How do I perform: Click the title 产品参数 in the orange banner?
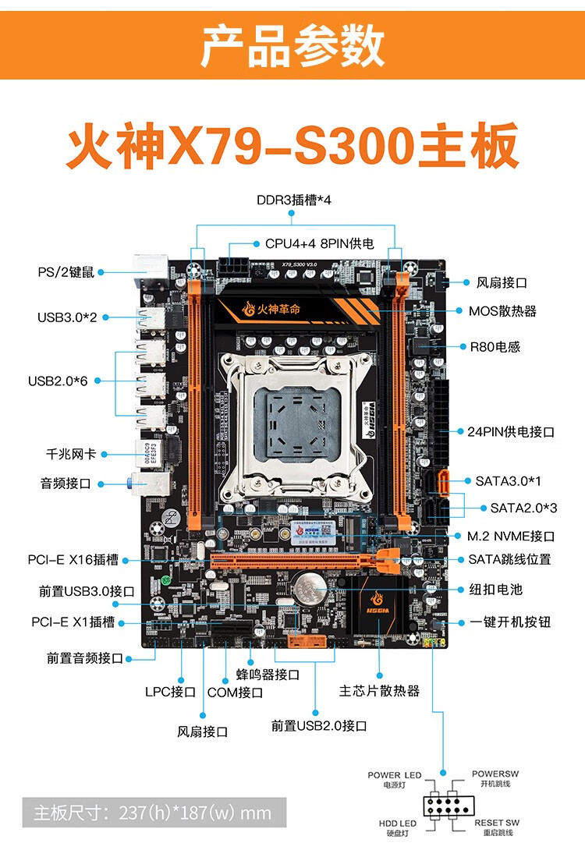tap(292, 45)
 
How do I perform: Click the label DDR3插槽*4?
tap(294, 200)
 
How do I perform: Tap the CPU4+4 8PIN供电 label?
tap(319, 243)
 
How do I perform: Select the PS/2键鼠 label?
tap(66, 272)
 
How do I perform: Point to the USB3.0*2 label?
tap(68, 317)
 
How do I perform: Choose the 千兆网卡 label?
tap(71, 454)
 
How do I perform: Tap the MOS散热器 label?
tap(502, 310)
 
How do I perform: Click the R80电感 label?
tap(494, 346)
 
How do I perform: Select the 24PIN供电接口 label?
tap(511, 431)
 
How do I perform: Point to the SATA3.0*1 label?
tap(508, 480)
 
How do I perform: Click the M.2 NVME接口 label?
tap(512, 536)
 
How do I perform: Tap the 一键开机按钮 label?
tap(511, 622)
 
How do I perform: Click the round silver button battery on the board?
tap(308, 585)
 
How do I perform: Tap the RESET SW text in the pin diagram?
tap(497, 823)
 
